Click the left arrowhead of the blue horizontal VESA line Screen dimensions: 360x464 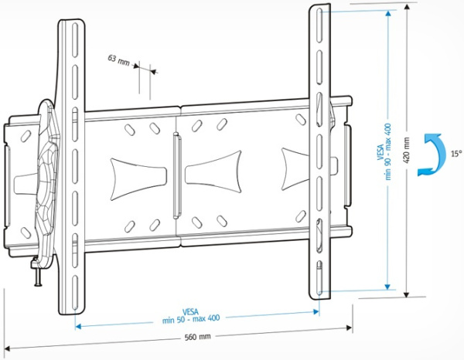pos(78,325)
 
